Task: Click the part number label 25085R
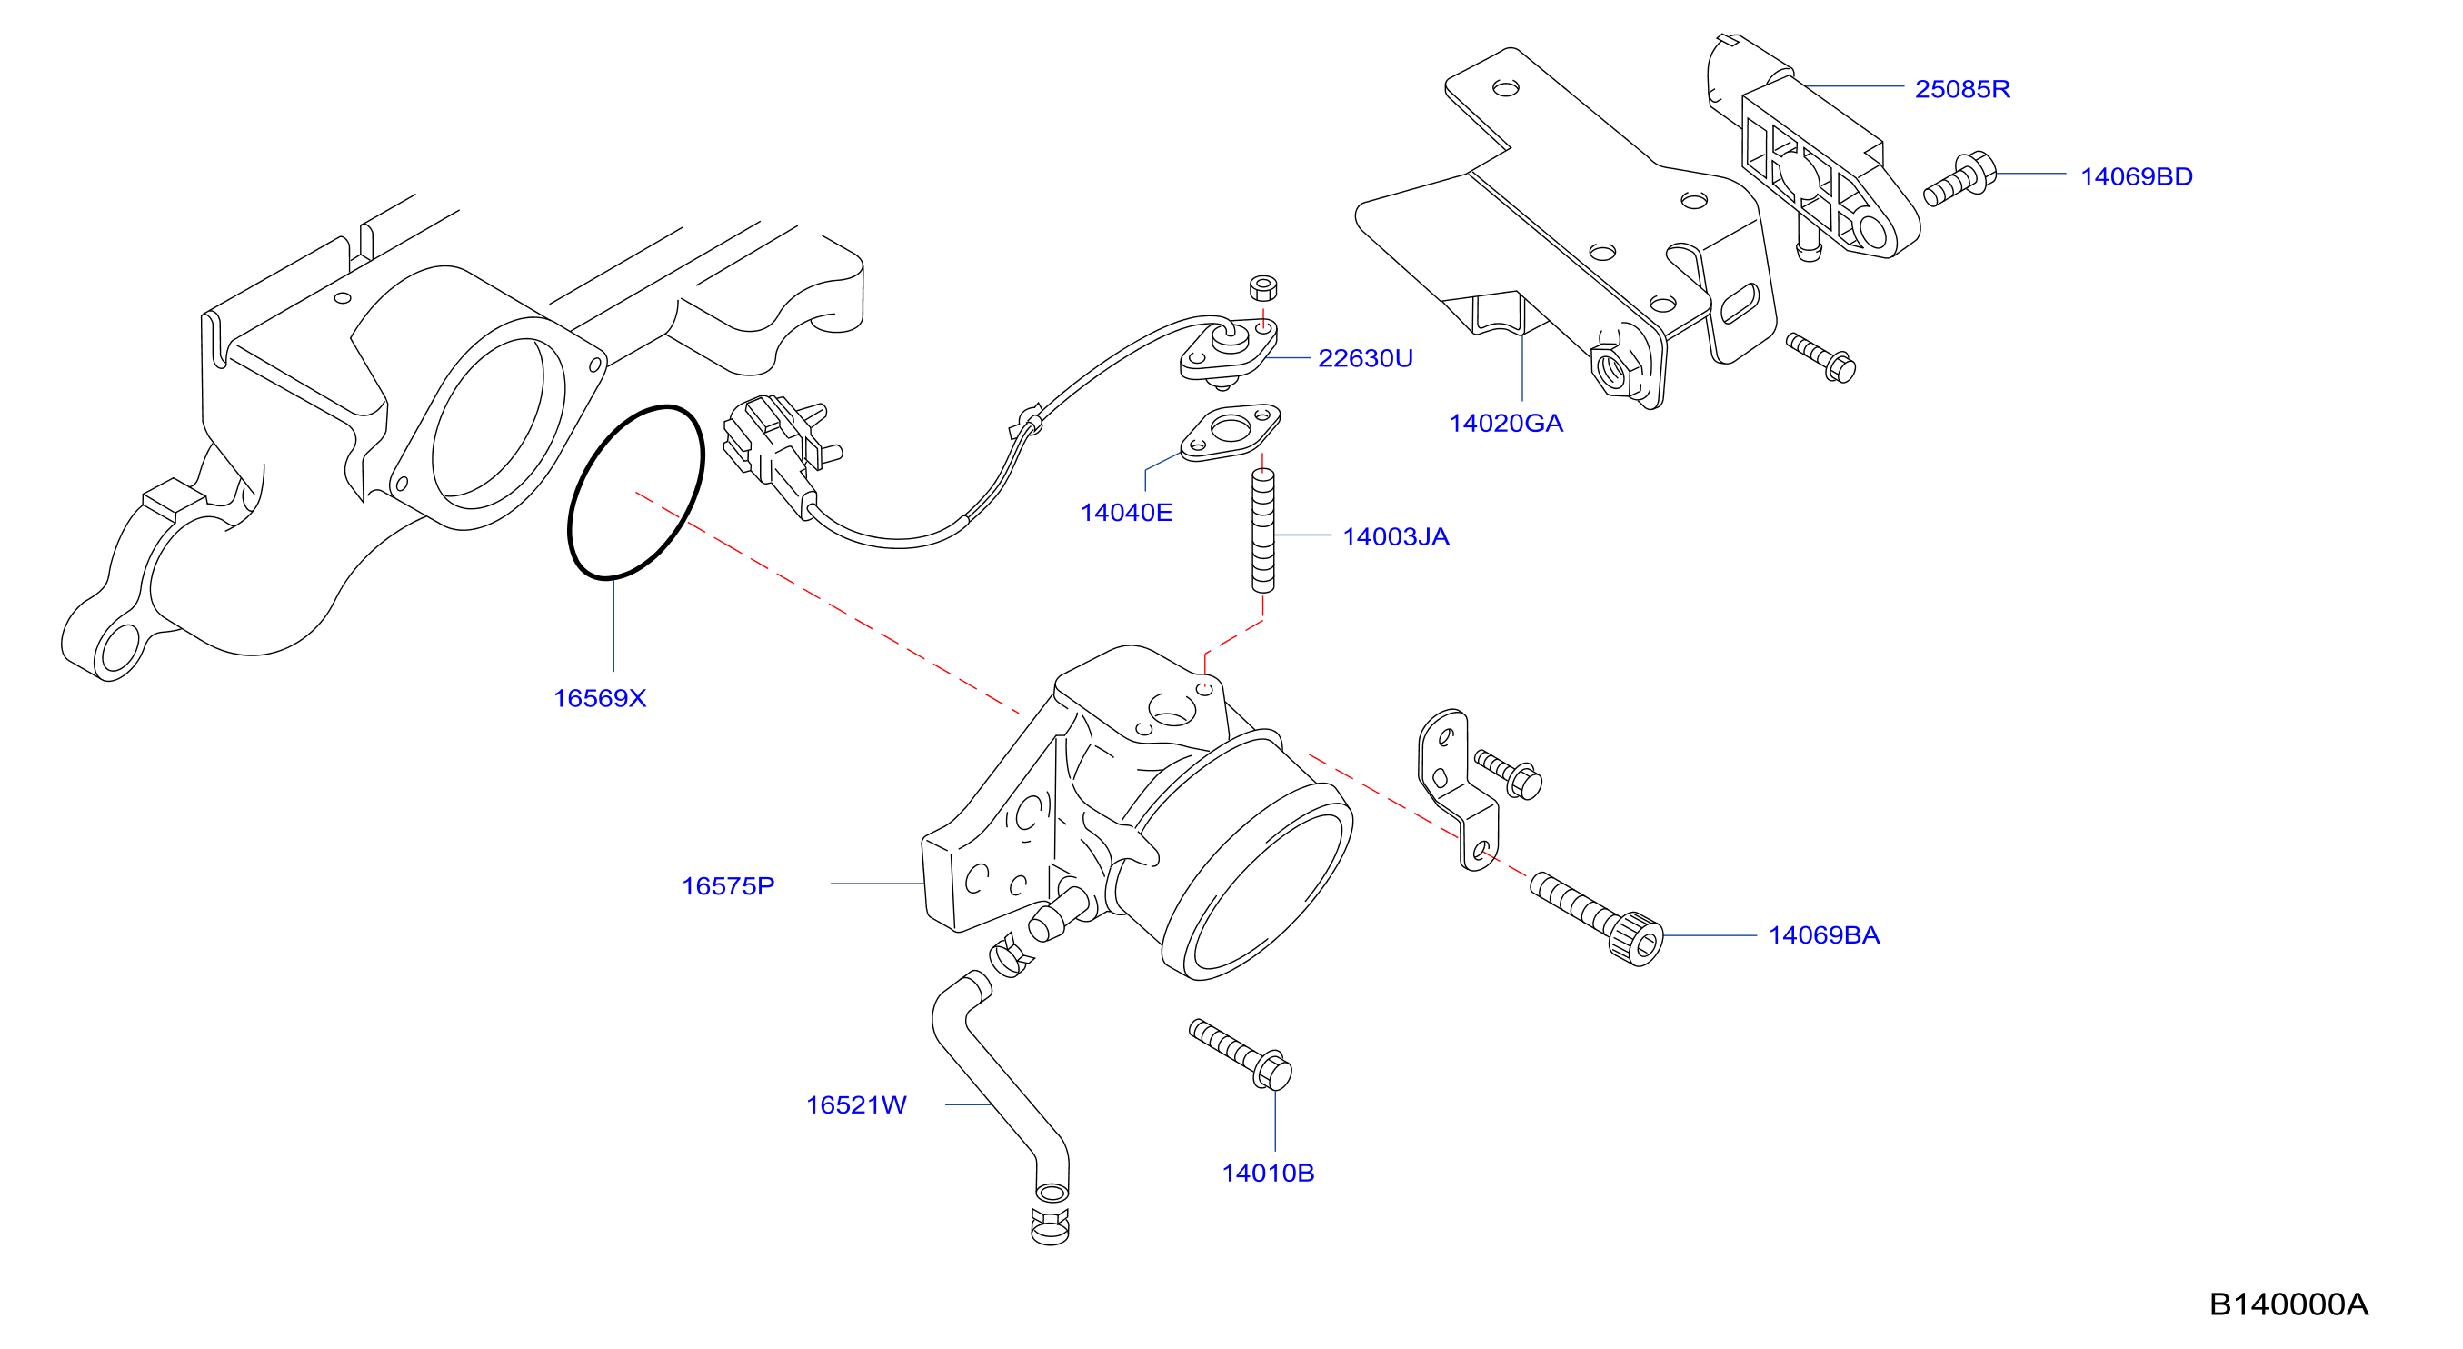[1962, 89]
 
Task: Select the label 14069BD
[2136, 177]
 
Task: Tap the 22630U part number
[1364, 358]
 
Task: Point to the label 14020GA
[1505, 424]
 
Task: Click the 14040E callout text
[1125, 513]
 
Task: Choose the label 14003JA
[1395, 537]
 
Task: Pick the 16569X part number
[600, 699]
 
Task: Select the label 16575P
[728, 886]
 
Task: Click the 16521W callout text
[856, 1105]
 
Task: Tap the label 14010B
[1268, 1173]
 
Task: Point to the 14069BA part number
[1823, 935]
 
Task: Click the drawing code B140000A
[2288, 1304]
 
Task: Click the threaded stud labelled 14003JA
[1263, 531]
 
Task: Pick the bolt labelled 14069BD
[1960, 180]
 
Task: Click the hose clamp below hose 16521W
[1050, 1225]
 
